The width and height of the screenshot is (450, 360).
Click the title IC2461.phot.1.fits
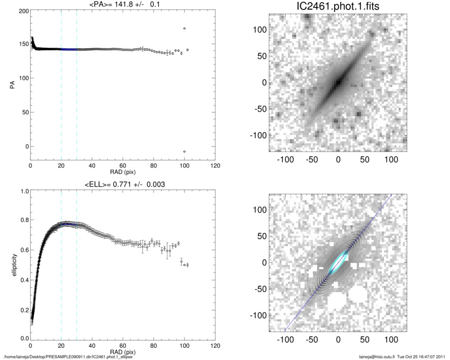(337, 6)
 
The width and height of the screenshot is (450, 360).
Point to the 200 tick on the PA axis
(23, 11)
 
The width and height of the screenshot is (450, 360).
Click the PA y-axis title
(11, 85)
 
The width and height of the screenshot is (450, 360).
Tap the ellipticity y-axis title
(11, 264)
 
